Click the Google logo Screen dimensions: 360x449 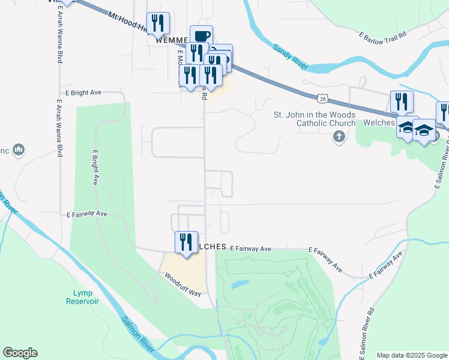(x=20, y=353)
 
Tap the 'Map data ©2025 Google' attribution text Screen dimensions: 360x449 (x=412, y=355)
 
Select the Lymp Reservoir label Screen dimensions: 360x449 (x=82, y=296)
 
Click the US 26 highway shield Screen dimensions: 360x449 (x=323, y=98)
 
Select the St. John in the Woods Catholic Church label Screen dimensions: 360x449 (x=315, y=119)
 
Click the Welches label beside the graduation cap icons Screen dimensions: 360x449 (x=379, y=122)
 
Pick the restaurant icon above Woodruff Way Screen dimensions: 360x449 (x=186, y=242)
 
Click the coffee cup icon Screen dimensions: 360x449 (x=202, y=35)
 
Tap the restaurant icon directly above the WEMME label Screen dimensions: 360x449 (x=158, y=23)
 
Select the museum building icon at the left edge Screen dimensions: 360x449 (x=18, y=149)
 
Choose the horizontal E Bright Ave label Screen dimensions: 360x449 (x=80, y=93)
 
